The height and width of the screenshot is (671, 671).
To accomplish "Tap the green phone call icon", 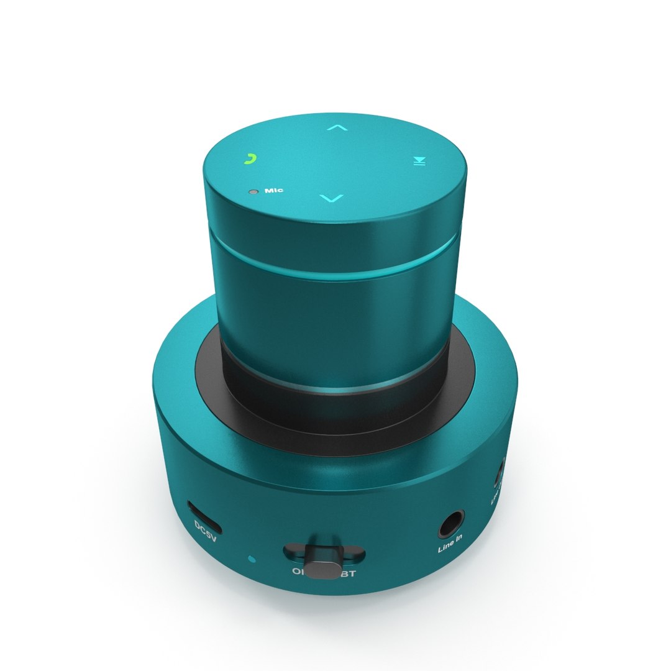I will [249, 159].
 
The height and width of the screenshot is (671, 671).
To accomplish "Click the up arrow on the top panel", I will [337, 128].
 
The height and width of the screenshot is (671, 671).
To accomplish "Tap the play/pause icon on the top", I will [420, 162].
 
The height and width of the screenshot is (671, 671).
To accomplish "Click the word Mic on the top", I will [274, 190].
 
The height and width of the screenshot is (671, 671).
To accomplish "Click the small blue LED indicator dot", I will [251, 559].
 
